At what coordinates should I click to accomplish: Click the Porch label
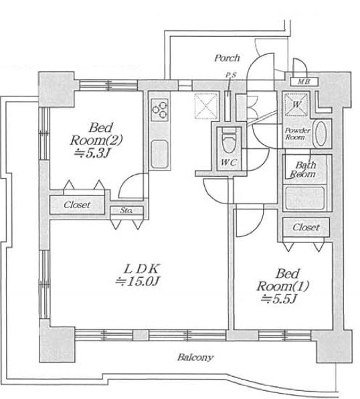coord(227,58)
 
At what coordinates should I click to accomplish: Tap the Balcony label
coord(195,357)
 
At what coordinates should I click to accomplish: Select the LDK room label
coord(141,268)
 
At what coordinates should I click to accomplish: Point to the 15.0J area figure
coord(137,281)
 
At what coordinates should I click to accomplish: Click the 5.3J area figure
coord(93,153)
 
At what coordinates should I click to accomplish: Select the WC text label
coord(229,163)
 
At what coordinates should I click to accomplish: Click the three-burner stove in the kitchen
coord(159,110)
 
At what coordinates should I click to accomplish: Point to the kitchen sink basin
coord(159,155)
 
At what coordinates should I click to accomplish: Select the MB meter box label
coord(304,82)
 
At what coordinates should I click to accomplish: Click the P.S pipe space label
coord(231,75)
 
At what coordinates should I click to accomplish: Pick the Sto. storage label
coord(126,210)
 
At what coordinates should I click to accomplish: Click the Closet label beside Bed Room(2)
coord(77,205)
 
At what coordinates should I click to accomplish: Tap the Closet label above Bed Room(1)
coord(306,227)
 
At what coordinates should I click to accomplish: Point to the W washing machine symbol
coord(296,104)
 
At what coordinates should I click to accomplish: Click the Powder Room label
coord(297,134)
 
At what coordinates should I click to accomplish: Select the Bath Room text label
coord(303,169)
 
